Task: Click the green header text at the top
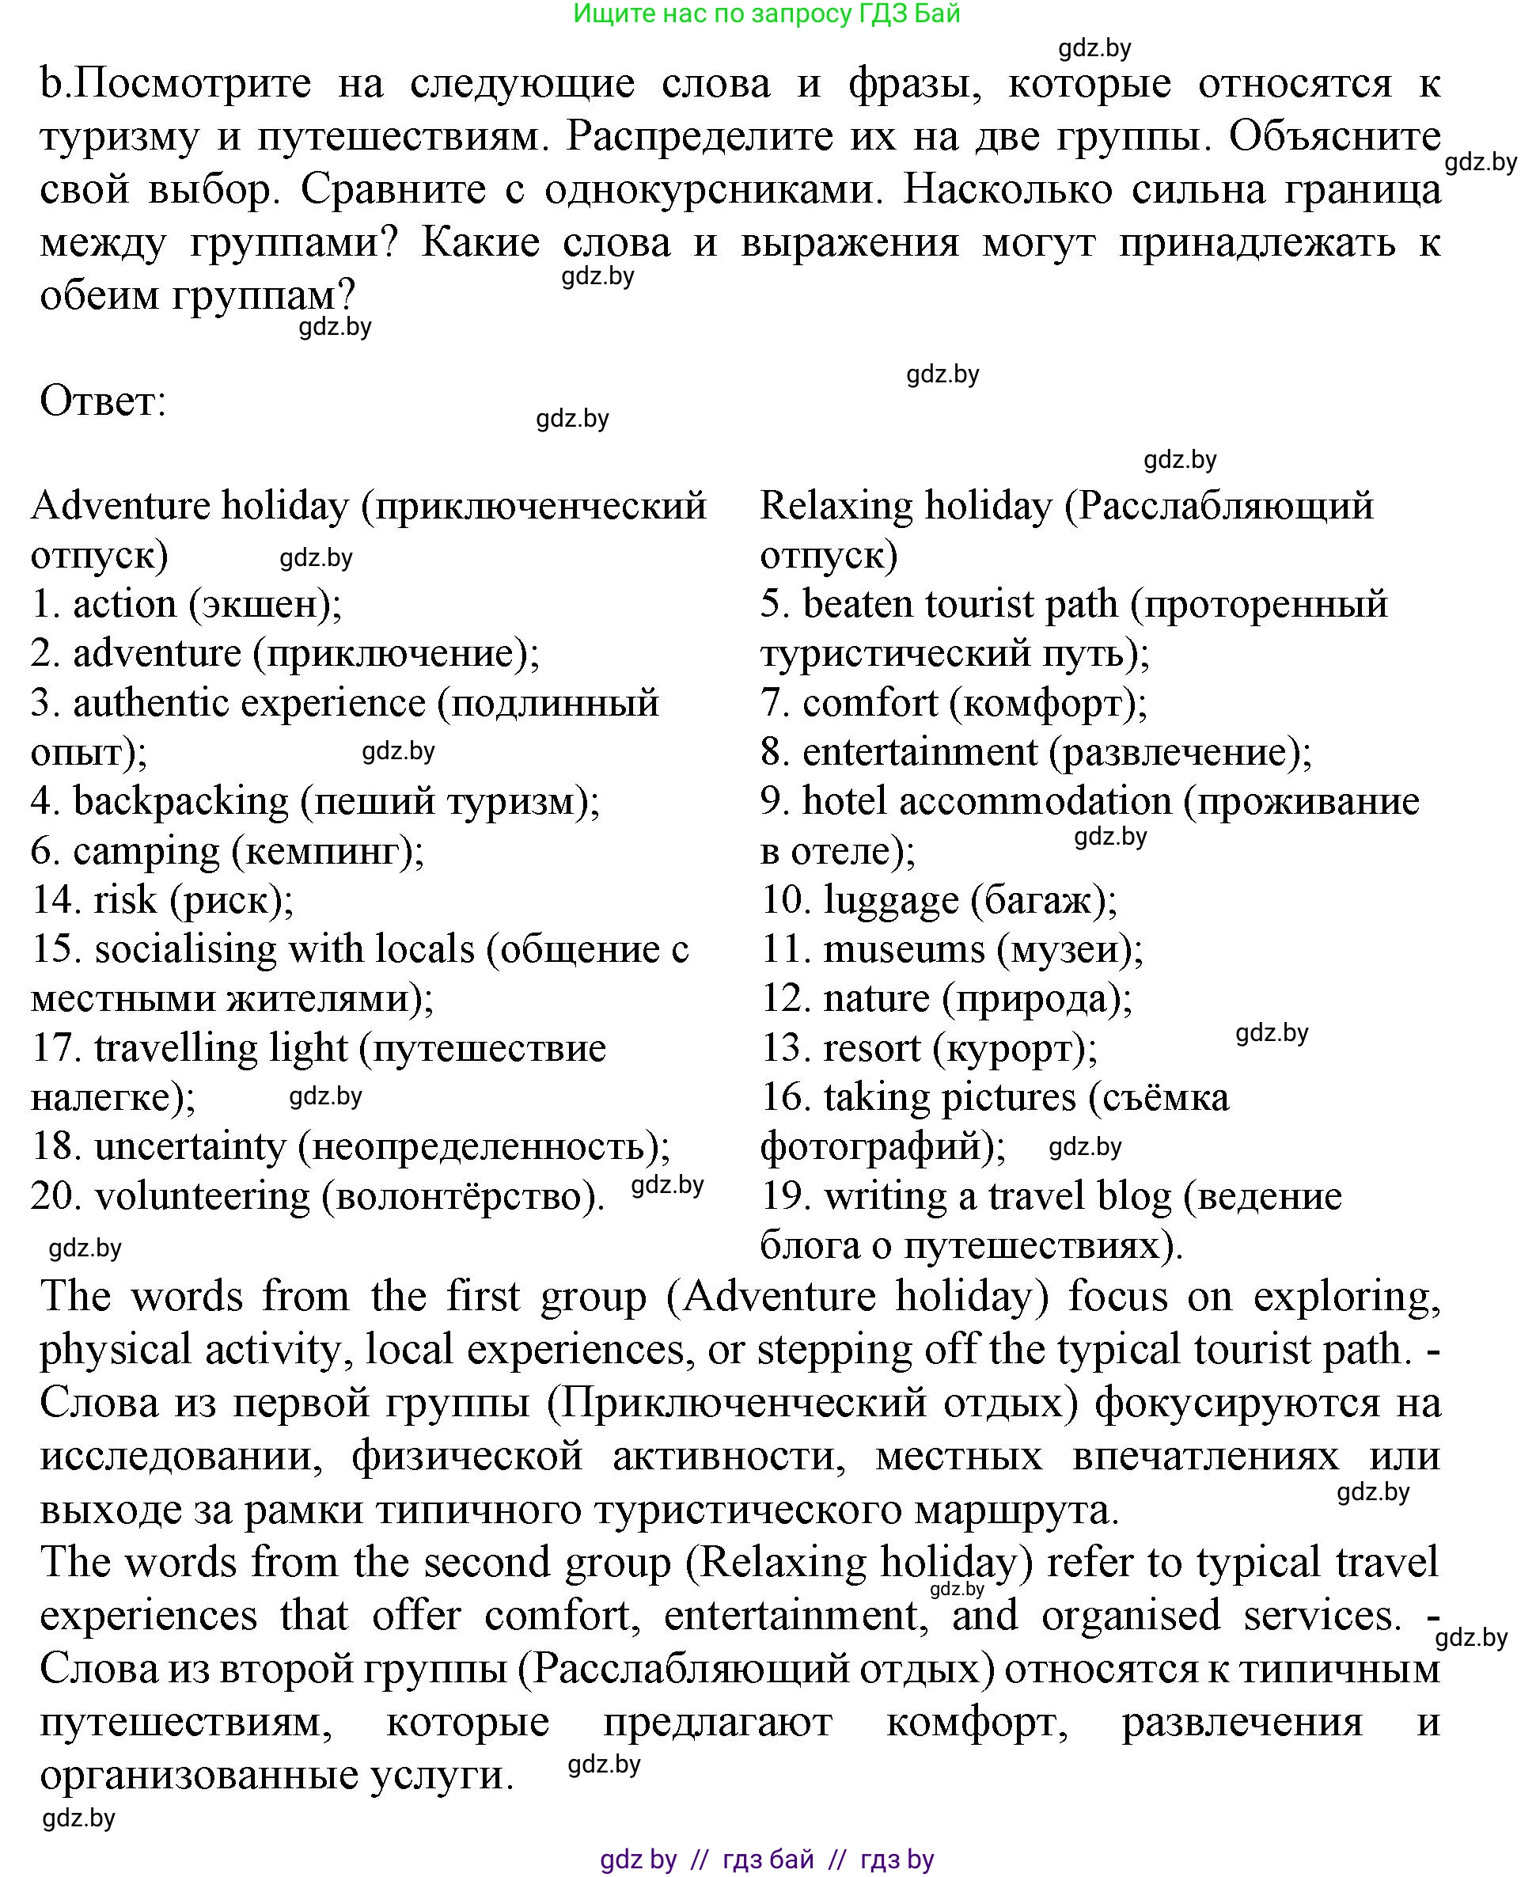click(x=766, y=14)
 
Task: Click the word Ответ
click(x=103, y=401)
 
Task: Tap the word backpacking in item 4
click(x=180, y=801)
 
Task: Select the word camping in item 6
click(x=146, y=850)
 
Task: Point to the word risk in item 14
click(x=125, y=900)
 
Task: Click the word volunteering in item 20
click(x=202, y=1196)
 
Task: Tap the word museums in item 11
click(x=904, y=949)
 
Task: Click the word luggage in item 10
click(x=891, y=900)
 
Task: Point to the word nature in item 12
click(x=876, y=998)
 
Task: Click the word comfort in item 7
click(x=869, y=703)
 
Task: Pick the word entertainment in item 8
click(x=920, y=752)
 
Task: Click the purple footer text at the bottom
click(x=766, y=1860)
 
